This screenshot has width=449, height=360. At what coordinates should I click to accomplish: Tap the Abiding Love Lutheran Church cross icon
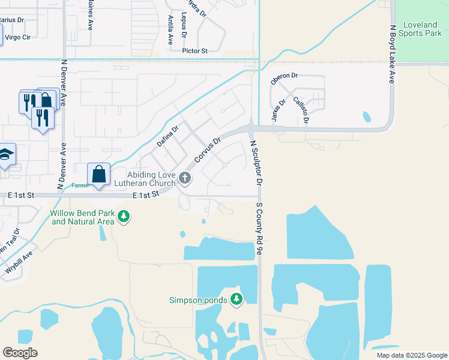[x=185, y=178]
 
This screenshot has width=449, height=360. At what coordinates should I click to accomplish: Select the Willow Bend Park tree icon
[x=124, y=215]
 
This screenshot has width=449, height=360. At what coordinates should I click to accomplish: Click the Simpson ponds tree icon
[x=237, y=299]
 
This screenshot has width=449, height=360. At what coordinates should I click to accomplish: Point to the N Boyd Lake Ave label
[x=392, y=53]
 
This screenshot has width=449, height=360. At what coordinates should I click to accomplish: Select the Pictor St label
[x=194, y=52]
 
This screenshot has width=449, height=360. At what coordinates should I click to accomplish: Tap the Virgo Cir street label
[x=17, y=37]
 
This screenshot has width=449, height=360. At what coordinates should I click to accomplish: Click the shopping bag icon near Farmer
[x=99, y=175]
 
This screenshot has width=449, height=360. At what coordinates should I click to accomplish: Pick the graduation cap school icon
[x=5, y=155]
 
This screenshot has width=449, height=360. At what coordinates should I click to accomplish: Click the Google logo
[x=20, y=353]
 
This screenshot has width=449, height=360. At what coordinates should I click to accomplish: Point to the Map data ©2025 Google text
[x=411, y=355]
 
